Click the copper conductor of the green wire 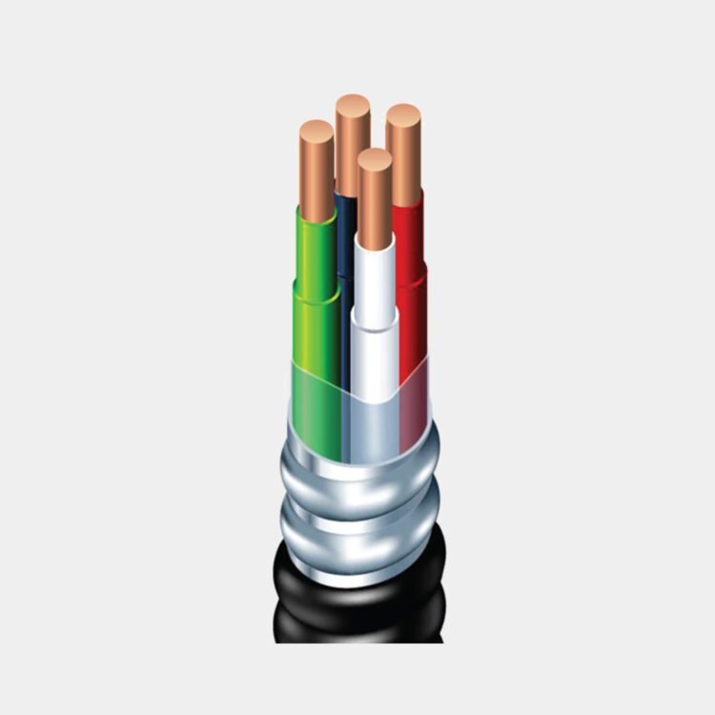[316, 172]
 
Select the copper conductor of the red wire [404, 153]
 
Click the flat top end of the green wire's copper [316, 129]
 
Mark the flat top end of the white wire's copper [375, 158]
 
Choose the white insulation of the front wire [375, 276]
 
